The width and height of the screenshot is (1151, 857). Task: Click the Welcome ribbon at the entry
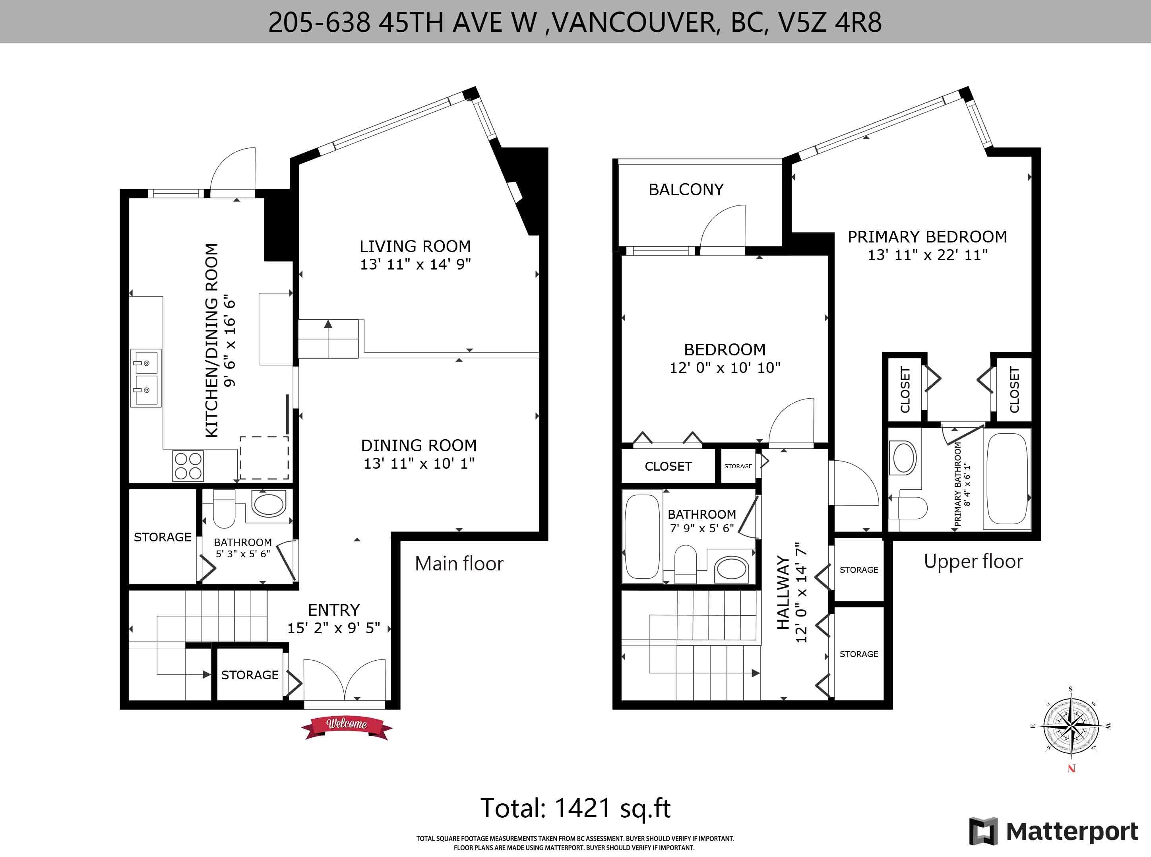(347, 727)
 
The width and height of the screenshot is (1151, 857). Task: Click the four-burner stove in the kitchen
(188, 466)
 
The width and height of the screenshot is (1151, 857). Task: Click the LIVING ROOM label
(415, 246)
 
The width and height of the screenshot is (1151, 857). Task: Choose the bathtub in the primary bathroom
(1006, 479)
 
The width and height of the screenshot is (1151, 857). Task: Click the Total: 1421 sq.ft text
(575, 808)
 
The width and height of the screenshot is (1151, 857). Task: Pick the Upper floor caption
(973, 561)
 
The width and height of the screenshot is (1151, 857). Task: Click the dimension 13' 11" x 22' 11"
(928, 255)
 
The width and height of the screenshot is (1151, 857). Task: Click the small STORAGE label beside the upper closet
(738, 466)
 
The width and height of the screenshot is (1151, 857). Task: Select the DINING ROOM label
(419, 445)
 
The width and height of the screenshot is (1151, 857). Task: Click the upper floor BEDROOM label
(725, 350)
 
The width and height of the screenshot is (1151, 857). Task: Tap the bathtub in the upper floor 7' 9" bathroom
(642, 536)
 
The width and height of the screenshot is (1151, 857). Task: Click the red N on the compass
(1072, 769)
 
